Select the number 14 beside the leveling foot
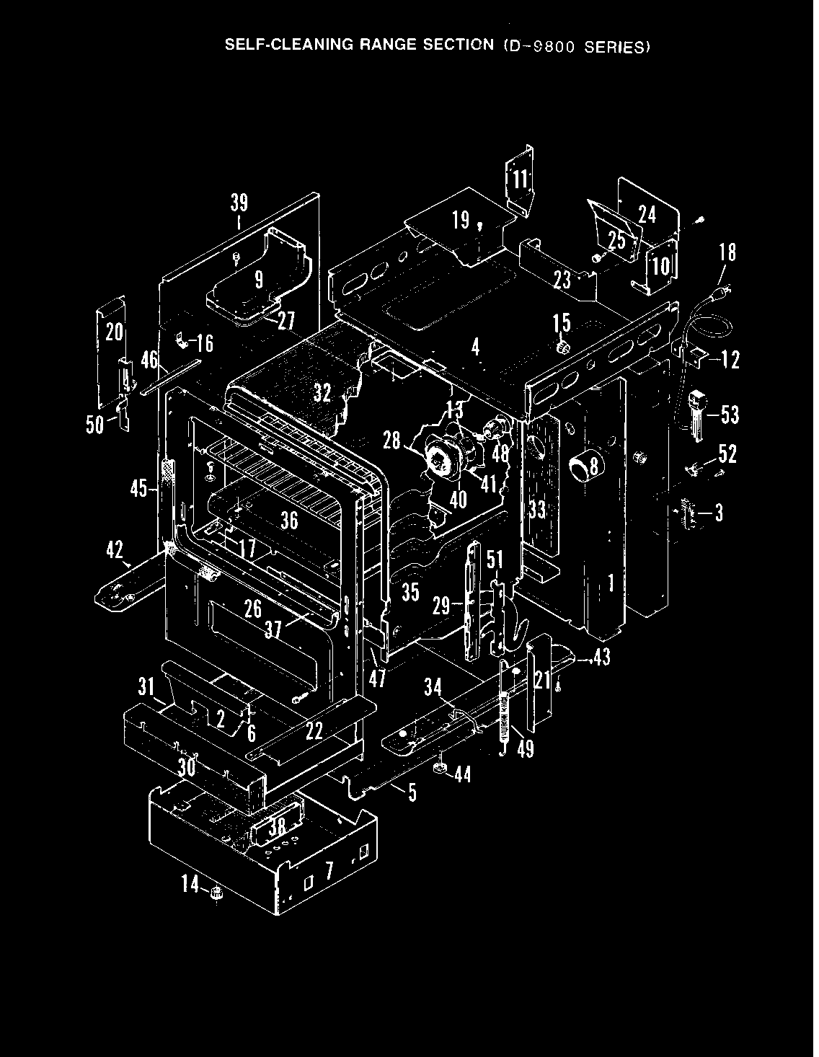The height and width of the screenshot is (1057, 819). coord(190,883)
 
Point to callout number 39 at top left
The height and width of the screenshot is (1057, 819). coord(239,203)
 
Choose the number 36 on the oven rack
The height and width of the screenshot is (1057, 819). coord(289,519)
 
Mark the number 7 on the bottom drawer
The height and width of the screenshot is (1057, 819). coord(329,870)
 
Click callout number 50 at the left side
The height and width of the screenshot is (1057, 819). coord(94,425)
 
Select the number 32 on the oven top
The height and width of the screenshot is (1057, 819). coord(322,393)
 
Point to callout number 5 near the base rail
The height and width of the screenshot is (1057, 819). coord(412,792)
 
